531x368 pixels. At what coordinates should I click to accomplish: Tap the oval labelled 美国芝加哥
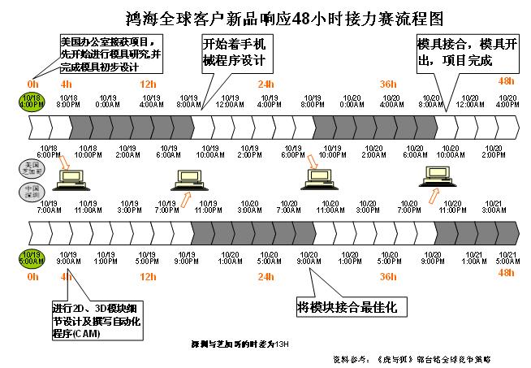coord(31,167)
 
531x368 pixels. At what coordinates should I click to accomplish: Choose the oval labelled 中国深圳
coord(31,192)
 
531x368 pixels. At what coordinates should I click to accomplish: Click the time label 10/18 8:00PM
coord(68,102)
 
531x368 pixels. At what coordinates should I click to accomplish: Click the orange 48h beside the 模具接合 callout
coord(506,81)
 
